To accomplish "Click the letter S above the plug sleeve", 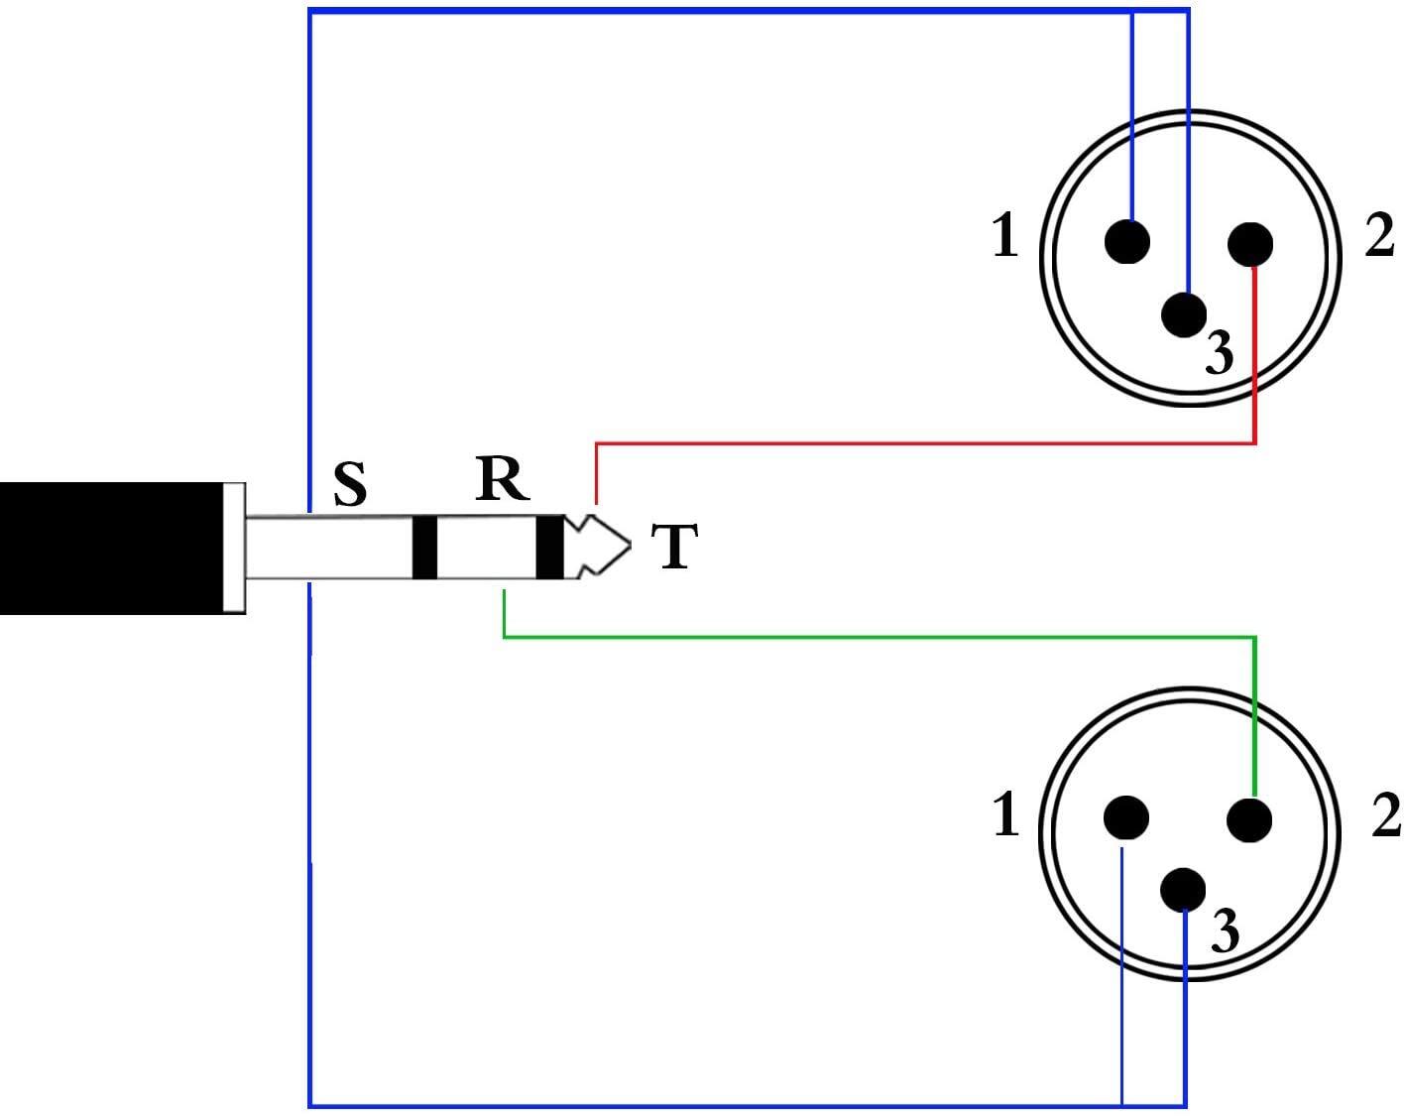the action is (x=350, y=485).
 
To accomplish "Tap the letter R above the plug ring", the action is (x=502, y=480).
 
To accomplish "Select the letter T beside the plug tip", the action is (x=674, y=546).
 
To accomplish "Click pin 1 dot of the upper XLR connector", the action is (x=1127, y=241).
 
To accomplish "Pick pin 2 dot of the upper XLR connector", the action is (x=1250, y=244).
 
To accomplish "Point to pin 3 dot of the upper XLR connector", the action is (x=1184, y=314).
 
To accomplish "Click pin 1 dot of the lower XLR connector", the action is (x=1125, y=817).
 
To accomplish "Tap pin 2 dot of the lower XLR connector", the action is (x=1250, y=819).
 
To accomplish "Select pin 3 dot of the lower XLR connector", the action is (x=1183, y=890).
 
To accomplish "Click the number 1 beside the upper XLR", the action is (x=1005, y=235).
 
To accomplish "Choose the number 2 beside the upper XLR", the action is (x=1379, y=235).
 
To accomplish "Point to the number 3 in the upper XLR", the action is (x=1220, y=352).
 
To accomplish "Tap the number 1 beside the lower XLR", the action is (x=1005, y=813).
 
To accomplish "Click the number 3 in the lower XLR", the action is (x=1225, y=930).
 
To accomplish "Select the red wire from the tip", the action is (x=925, y=443).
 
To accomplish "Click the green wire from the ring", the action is (x=879, y=637).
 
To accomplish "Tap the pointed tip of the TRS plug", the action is (x=631, y=546).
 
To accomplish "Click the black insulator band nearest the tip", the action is (x=550, y=548).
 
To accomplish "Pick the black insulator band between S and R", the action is (x=424, y=548).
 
